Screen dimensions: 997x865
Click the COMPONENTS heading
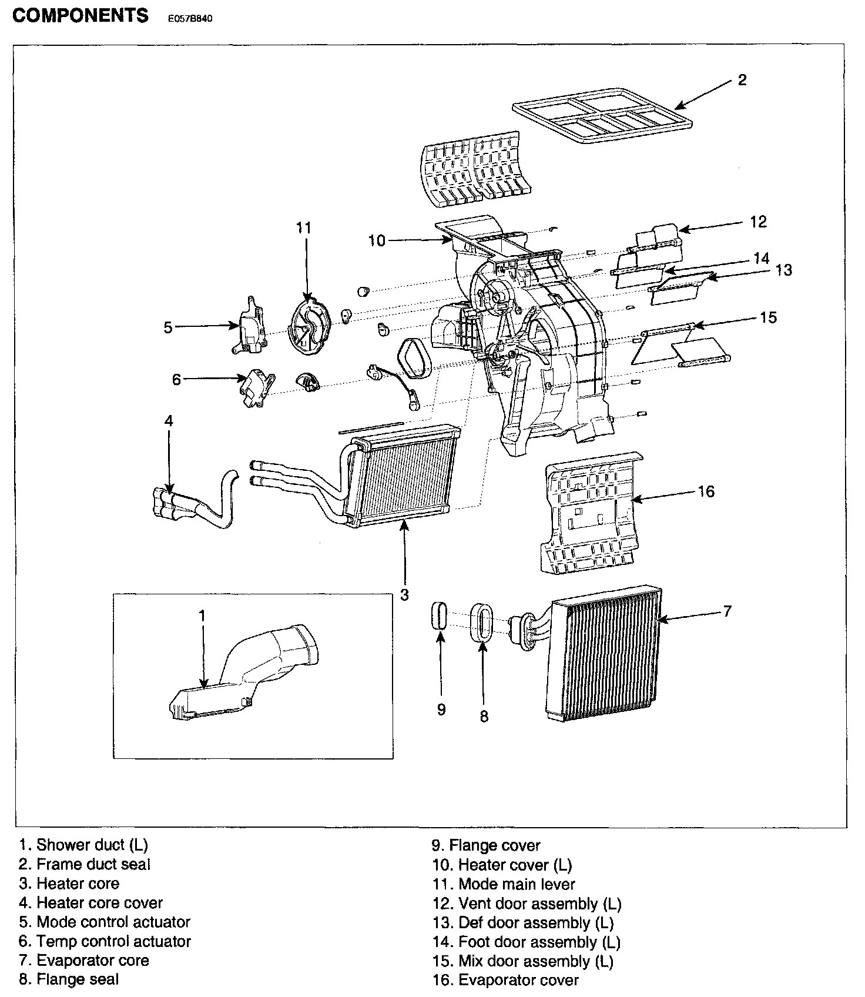tap(81, 16)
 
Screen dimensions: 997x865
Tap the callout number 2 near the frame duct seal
tap(742, 80)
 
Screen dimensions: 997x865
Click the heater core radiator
tap(405, 473)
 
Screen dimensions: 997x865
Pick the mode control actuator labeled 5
tap(250, 327)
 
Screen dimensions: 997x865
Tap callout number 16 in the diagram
tap(706, 491)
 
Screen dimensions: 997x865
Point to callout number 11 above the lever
tap(303, 228)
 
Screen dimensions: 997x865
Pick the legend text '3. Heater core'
tap(69, 884)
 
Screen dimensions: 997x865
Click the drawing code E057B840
tap(189, 18)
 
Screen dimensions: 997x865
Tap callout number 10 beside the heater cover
tap(377, 240)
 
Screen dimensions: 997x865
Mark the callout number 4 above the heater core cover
tap(169, 421)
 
